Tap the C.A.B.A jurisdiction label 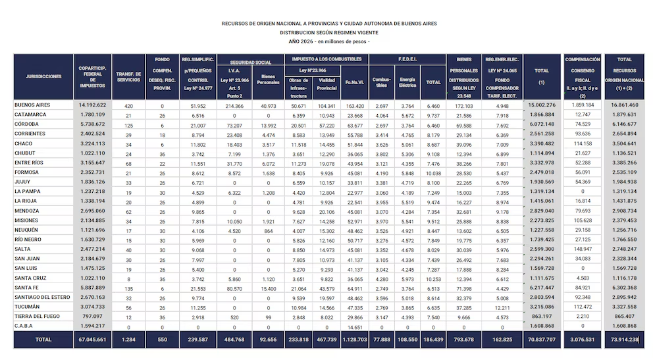24,326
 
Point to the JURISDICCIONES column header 43,76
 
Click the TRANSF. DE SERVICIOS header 128,76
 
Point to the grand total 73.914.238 623,340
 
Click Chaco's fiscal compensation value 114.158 583,143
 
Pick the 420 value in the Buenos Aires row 129,105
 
